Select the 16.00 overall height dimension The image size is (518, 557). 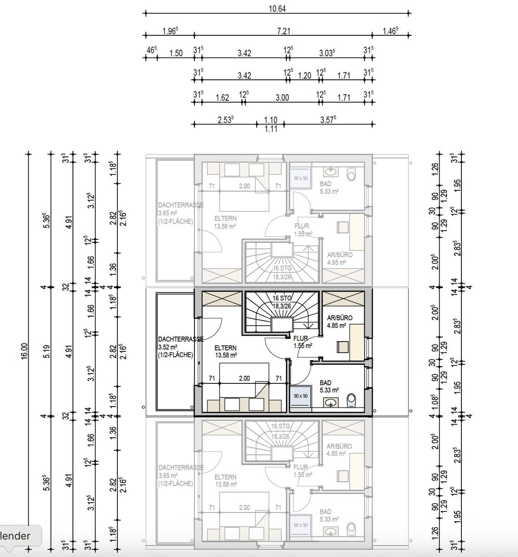24,351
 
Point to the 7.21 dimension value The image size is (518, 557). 283,31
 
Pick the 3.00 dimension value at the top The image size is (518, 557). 282,97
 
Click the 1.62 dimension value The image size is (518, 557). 222,97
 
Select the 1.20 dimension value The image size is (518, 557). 304,75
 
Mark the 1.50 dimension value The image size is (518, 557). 175,53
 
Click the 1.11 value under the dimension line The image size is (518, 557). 271,130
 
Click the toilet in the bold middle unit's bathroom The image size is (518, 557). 351,399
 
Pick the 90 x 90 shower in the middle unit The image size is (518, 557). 301,396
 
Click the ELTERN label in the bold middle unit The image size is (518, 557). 225,348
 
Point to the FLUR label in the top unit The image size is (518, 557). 302,227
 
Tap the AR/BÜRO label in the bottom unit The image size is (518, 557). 339,446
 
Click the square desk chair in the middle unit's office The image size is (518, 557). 343,347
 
